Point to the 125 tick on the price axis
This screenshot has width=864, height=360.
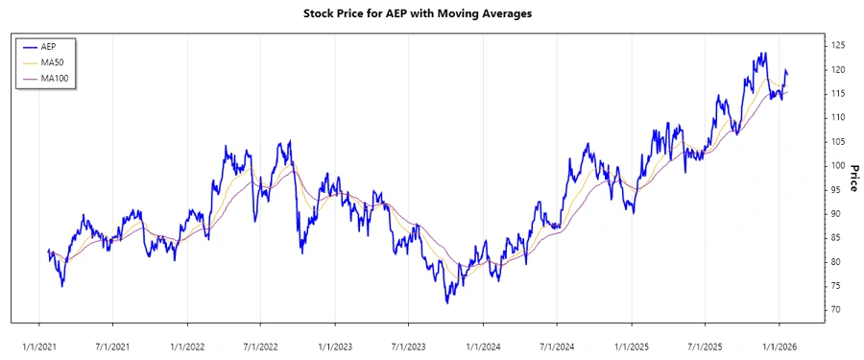click(x=838, y=45)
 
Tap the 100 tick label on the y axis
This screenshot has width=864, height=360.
click(x=838, y=165)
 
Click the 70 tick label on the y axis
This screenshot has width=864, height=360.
click(x=835, y=310)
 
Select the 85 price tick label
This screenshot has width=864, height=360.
click(x=835, y=238)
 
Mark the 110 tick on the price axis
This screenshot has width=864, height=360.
click(x=838, y=117)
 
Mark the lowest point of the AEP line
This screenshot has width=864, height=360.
click(x=447, y=303)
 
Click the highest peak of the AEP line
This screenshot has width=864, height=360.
click(x=764, y=53)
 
